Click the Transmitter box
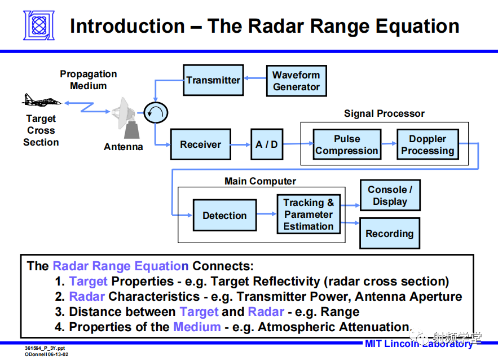(213, 80)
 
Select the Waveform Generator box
(296, 81)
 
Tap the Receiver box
(200, 144)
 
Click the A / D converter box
(267, 144)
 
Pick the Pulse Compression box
(346, 145)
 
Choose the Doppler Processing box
(427, 145)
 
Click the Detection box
(224, 216)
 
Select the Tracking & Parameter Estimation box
(309, 214)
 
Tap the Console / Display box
(390, 196)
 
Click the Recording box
(390, 234)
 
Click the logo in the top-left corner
(39, 25)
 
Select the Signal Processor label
(384, 113)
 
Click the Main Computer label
(260, 181)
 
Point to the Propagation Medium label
(89, 80)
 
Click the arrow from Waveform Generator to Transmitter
(254, 81)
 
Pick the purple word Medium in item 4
(197, 327)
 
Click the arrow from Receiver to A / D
(240, 144)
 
